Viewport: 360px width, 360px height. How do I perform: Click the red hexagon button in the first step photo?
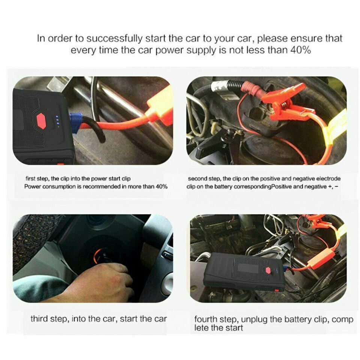(42, 121)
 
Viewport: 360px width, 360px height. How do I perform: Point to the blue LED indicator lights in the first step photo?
(57, 121)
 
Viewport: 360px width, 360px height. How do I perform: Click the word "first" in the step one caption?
(31, 179)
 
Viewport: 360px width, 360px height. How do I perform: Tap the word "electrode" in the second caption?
(328, 179)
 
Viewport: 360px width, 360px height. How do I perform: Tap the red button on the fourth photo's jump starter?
(268, 270)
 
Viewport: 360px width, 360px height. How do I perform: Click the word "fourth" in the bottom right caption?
(206, 319)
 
